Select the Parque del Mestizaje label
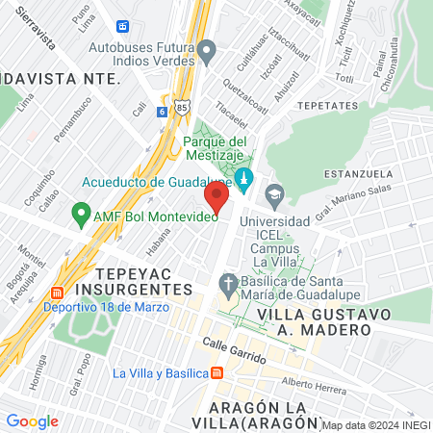coord(217,149)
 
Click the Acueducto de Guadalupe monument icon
coord(244,179)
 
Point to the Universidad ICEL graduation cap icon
coord(274,194)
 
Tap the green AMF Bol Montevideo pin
coord(81,215)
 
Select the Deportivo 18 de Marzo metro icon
coord(57,292)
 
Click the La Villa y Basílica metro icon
coord(217,373)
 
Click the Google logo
coord(32,420)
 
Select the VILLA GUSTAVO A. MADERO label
coord(317,321)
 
